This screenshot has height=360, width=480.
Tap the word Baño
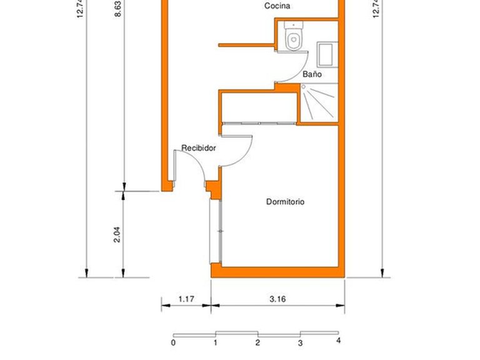point(312,74)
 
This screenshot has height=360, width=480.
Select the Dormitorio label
point(285,202)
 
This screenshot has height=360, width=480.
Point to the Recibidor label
point(199,148)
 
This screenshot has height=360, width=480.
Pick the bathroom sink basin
point(327,54)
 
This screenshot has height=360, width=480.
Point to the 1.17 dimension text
point(186,299)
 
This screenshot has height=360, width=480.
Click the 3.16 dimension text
point(278,299)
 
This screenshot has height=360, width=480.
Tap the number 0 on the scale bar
point(173,342)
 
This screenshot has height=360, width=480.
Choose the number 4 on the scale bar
point(338,341)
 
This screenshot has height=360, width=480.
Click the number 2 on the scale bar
point(257,342)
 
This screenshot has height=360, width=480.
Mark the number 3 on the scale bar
point(300,342)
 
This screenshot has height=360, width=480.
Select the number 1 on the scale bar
point(215,342)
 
